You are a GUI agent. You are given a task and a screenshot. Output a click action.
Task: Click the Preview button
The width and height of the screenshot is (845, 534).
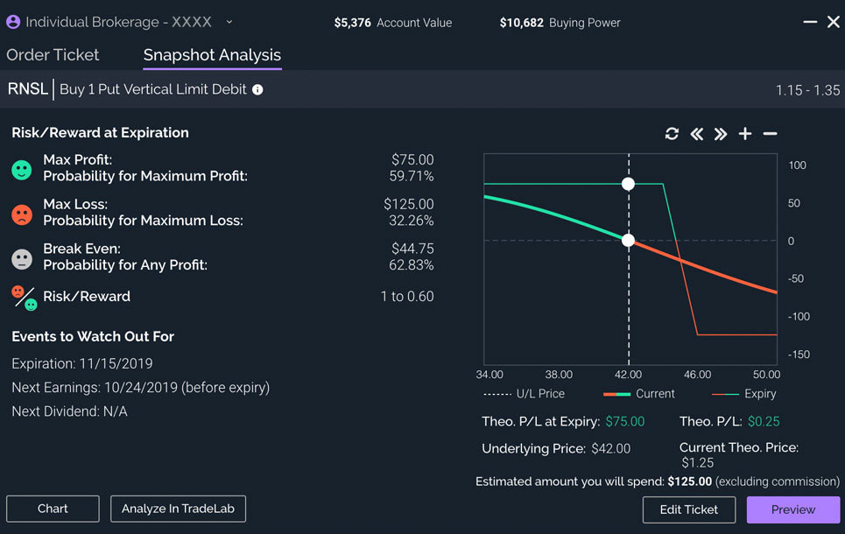[792, 509]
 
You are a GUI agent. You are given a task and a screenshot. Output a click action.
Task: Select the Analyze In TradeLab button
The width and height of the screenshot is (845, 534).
[178, 509]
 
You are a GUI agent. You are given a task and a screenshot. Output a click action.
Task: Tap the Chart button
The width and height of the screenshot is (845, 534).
[53, 509]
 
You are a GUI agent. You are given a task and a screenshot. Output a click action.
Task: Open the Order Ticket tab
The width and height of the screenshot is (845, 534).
[53, 54]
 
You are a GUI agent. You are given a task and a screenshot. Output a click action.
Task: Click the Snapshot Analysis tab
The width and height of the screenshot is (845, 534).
[212, 54]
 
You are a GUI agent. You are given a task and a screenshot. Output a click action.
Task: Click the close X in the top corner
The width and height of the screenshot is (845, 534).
[834, 22]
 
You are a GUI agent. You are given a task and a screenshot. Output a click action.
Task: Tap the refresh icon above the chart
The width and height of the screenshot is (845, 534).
[672, 134]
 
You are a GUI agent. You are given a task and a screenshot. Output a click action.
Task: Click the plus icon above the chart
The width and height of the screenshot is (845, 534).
[745, 134]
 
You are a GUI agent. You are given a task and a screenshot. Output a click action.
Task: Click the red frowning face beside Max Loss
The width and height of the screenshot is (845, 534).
[22, 213]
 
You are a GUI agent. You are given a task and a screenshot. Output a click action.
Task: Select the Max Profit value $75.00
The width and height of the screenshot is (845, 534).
[412, 159]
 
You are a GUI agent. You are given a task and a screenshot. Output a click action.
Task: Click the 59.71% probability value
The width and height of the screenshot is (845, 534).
[412, 176]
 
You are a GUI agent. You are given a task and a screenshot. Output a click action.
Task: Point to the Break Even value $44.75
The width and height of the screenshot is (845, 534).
[412, 249]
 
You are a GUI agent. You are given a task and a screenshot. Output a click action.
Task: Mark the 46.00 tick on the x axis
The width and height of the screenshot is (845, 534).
[698, 375]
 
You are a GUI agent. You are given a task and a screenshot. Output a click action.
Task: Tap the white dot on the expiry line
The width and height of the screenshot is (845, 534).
[628, 184]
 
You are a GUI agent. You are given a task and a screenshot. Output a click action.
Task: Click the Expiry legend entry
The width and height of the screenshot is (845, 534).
[760, 394]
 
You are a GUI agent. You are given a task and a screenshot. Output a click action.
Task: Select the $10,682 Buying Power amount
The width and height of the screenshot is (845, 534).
[522, 23]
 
